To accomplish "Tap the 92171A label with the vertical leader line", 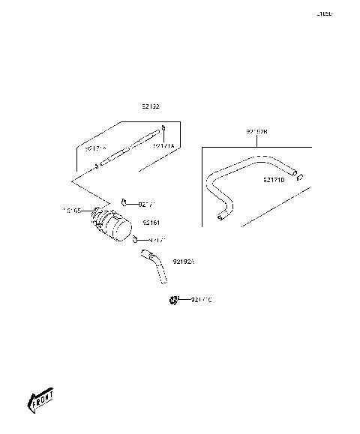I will click(163, 146).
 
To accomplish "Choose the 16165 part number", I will click(72, 211).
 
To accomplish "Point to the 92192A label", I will click(183, 262).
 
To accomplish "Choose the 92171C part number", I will click(201, 300).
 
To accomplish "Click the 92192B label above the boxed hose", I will click(256, 133).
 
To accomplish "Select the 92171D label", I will click(274, 180).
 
